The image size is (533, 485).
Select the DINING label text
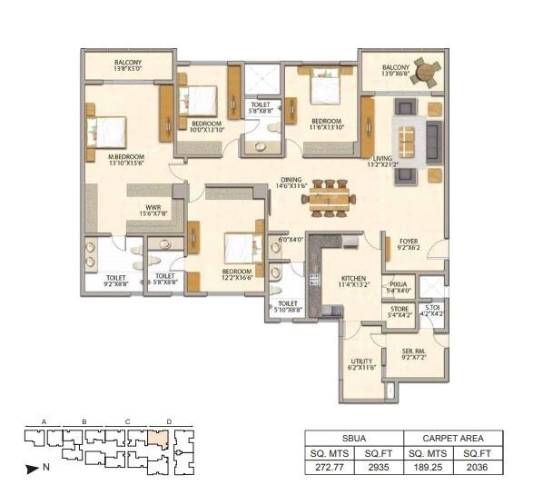point(291,179)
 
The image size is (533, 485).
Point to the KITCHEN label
point(353,280)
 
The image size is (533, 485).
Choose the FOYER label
point(409,242)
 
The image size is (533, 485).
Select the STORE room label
point(400,309)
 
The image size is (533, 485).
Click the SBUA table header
point(353,437)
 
